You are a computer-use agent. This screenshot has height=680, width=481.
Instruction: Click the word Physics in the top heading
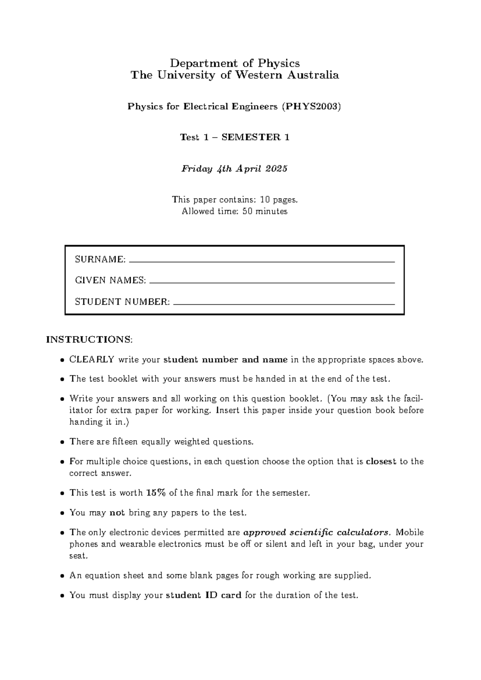(x=278, y=63)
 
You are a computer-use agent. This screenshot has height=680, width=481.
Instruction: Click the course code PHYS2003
(x=311, y=107)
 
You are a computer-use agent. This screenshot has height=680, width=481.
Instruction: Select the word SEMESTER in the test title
(x=252, y=138)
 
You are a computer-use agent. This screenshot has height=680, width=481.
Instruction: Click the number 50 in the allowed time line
(x=247, y=211)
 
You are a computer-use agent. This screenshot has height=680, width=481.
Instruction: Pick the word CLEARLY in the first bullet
(x=92, y=360)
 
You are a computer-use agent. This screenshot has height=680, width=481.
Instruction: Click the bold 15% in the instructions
(x=156, y=493)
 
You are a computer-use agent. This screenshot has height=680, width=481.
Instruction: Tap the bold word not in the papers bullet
(x=117, y=513)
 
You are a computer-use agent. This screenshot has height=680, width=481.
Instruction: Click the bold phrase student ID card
(x=203, y=595)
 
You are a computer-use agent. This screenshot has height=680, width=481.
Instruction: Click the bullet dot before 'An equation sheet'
(x=62, y=576)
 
